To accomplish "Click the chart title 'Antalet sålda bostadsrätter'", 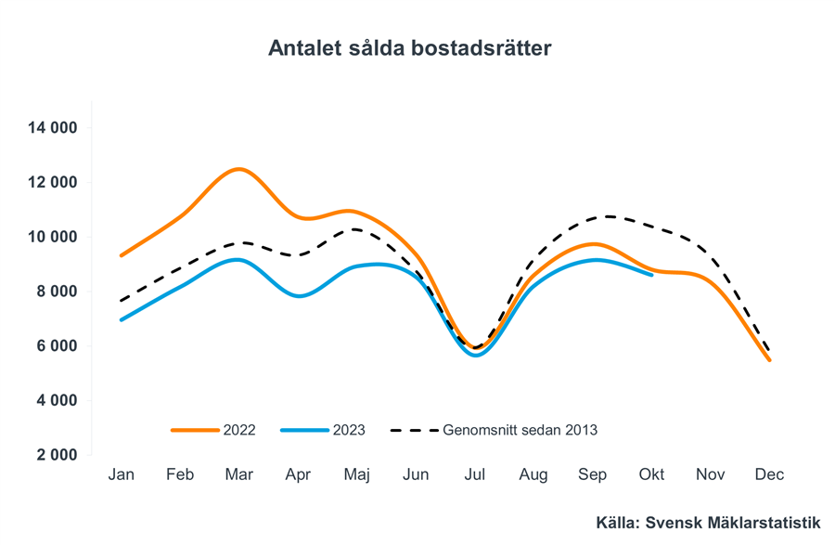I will pyautogui.click(x=409, y=48).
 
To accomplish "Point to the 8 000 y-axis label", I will pyautogui.click(x=55, y=292).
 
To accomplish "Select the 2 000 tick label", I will pyautogui.click(x=55, y=456).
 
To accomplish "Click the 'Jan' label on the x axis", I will pyautogui.click(x=122, y=474).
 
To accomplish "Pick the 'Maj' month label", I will pyautogui.click(x=357, y=474).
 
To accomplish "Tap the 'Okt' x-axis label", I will pyautogui.click(x=652, y=474).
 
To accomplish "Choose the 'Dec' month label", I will pyautogui.click(x=769, y=474).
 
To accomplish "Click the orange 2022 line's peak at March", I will pyautogui.click(x=239, y=169).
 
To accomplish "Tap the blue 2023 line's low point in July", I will pyautogui.click(x=476, y=355).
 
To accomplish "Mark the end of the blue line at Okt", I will pyautogui.click(x=651, y=274).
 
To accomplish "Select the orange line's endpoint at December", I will pyautogui.click(x=769, y=359).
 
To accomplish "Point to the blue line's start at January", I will pyautogui.click(x=122, y=319).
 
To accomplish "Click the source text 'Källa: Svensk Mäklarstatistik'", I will pyautogui.click(x=708, y=524).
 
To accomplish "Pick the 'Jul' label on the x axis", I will pyautogui.click(x=475, y=474).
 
